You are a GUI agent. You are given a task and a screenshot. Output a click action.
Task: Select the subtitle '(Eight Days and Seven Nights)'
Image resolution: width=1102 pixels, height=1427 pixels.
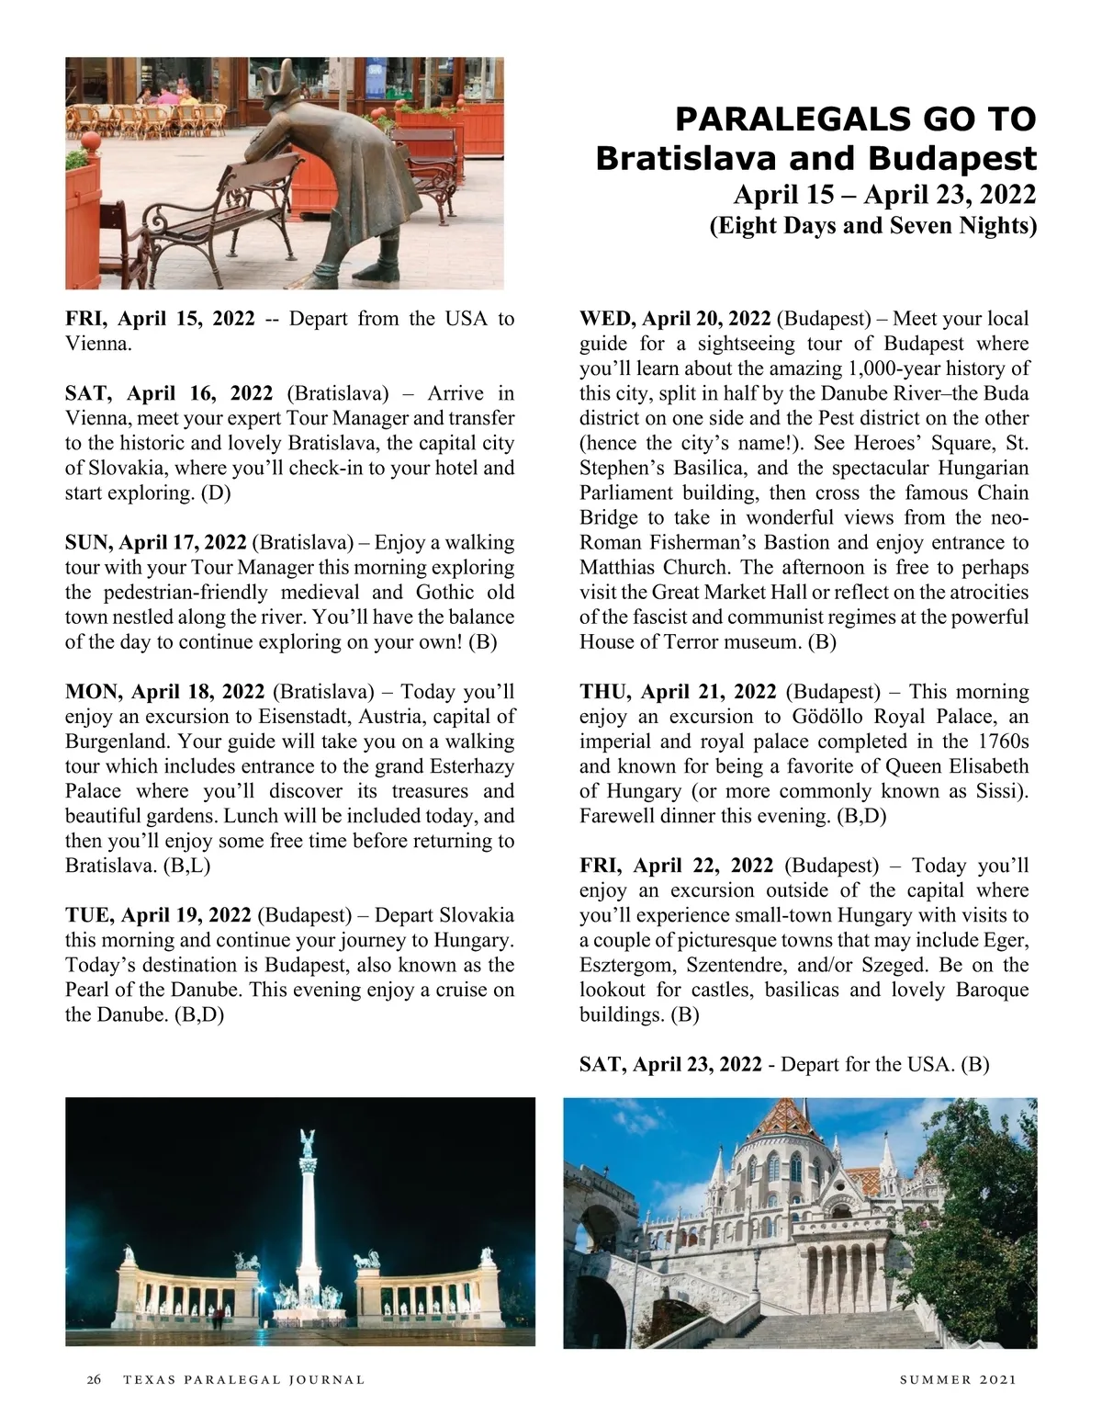pos(872,225)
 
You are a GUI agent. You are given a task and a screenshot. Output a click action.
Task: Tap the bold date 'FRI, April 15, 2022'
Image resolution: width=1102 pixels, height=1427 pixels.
pos(160,319)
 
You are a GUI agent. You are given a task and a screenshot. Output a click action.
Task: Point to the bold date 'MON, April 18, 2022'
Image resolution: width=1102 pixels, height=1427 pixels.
pos(165,691)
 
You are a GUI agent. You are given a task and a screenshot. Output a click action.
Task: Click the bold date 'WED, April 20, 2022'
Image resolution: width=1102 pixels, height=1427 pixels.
pos(675,319)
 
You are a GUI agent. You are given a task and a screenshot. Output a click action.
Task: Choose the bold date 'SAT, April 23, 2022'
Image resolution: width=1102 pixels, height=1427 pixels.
pos(670,1064)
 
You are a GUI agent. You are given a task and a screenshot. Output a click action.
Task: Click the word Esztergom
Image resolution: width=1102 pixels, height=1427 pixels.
pos(628,965)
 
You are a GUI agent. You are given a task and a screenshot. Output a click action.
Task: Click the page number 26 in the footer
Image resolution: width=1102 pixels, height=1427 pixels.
pos(93,1379)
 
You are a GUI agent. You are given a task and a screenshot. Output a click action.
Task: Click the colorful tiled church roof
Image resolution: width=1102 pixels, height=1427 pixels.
pos(791,1122)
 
